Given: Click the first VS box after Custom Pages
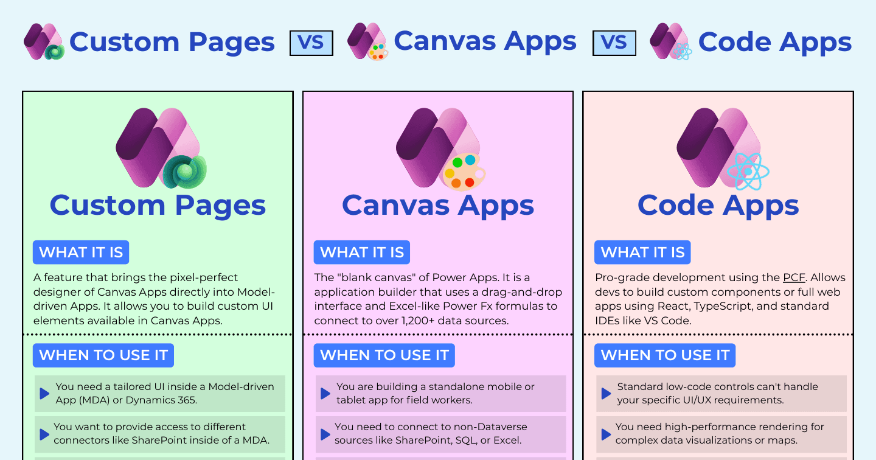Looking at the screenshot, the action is click(311, 43).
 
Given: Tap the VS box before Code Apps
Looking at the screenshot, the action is click(614, 43).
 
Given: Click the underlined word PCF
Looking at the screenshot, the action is click(794, 277).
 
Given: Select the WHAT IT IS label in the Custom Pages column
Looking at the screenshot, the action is click(81, 253).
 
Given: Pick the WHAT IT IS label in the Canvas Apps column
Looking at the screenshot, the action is click(362, 253).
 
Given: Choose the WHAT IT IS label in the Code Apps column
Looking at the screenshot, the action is click(642, 253).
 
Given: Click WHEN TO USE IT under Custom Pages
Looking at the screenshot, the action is click(103, 355).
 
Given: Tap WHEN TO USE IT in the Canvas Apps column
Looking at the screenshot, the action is click(384, 355).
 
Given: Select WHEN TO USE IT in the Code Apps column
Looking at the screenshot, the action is click(665, 355).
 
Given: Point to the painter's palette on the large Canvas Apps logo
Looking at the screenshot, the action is click(464, 172).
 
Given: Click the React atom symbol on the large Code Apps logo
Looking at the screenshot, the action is click(748, 172).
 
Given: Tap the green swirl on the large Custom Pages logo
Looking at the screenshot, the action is click(184, 172).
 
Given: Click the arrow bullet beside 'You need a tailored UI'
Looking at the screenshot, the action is click(44, 394).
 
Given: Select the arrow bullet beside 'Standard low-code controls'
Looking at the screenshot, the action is click(606, 394).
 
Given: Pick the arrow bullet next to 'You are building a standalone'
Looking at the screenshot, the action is click(325, 394).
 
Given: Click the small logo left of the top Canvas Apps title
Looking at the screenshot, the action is click(367, 41).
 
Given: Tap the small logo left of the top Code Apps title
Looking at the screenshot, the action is click(670, 41).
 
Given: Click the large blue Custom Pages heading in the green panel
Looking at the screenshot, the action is click(158, 206).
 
